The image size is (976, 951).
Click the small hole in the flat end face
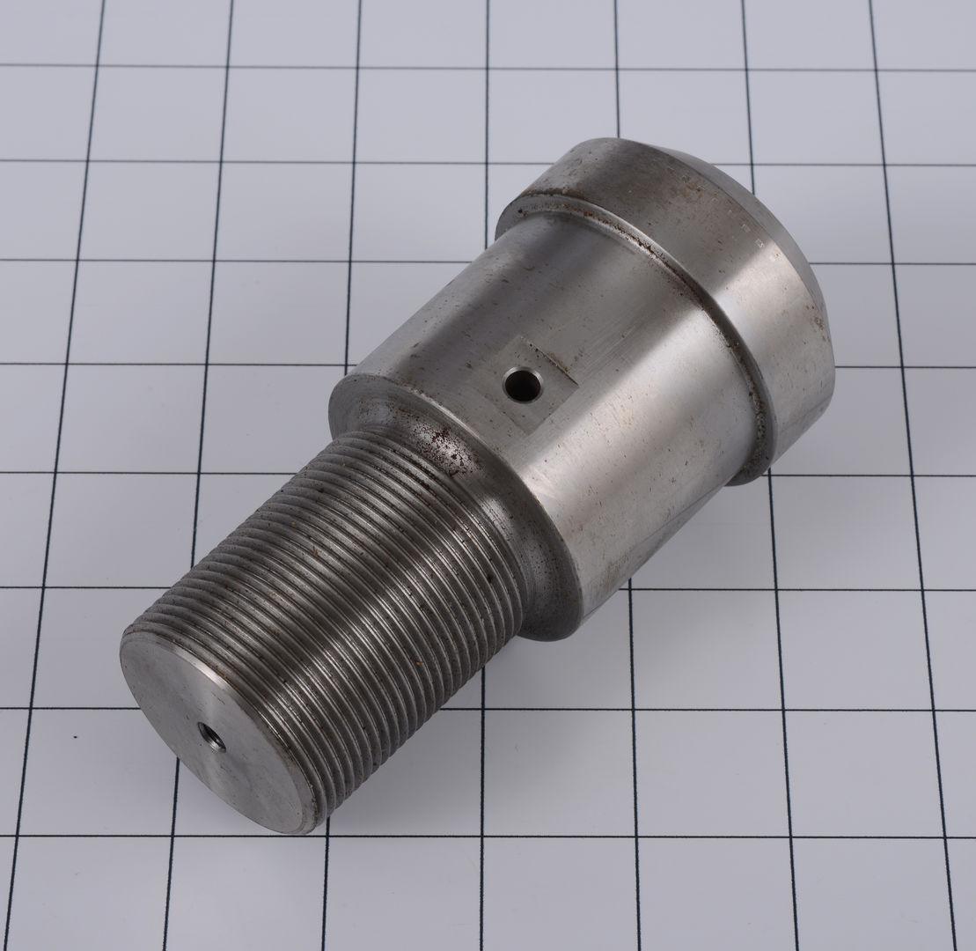pos(211,737)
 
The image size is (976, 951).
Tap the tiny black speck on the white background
pos(75,735)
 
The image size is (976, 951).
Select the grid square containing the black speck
pos(97,766)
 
